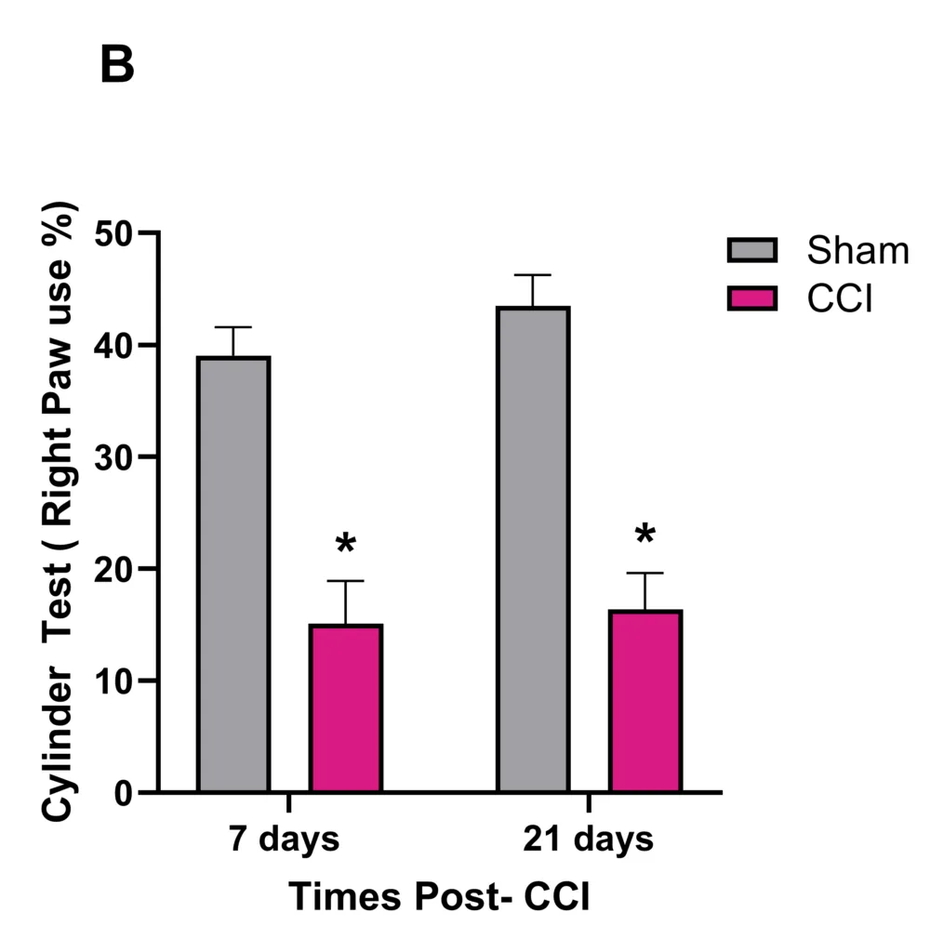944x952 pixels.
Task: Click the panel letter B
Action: pyautogui.click(x=117, y=66)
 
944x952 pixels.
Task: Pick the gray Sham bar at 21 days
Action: pyautogui.click(x=533, y=549)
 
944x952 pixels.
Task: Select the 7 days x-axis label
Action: pyautogui.click(x=285, y=840)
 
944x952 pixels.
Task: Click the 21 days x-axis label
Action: pyautogui.click(x=588, y=840)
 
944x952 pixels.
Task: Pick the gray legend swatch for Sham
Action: pyautogui.click(x=751, y=250)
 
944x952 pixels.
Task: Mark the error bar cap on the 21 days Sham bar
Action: pyautogui.click(x=533, y=275)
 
